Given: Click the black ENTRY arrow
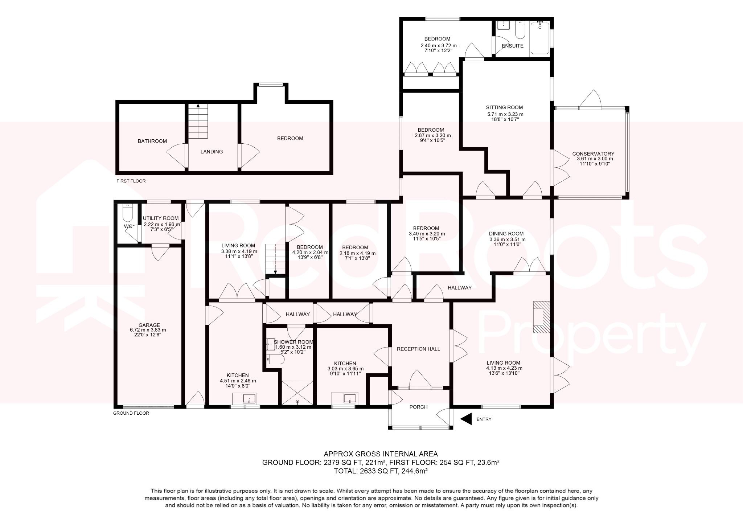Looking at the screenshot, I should tap(466, 419).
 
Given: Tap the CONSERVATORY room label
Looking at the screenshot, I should tap(593, 154).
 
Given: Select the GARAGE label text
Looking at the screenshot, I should tap(149, 325).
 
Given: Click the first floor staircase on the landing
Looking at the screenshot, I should tap(198, 122).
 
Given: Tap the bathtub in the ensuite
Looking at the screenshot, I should tap(540, 38).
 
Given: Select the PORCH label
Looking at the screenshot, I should tap(418, 407).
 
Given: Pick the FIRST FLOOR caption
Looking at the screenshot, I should tap(131, 181).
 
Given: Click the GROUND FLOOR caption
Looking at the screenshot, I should tap(131, 413).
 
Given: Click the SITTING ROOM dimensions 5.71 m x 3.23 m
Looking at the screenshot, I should tap(505, 114).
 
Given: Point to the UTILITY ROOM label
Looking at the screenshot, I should tap(161, 218).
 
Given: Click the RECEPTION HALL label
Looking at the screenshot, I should tap(418, 349).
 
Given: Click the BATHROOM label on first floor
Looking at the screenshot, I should tap(152, 141).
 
